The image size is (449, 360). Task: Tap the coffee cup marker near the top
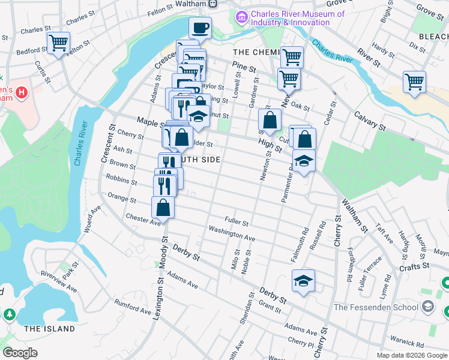200,27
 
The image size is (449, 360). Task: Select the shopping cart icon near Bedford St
58,43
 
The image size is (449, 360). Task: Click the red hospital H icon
21,93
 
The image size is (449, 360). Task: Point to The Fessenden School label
376,308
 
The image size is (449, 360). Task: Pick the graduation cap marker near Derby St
304,281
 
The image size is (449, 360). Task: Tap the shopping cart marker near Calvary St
415,82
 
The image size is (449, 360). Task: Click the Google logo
20,353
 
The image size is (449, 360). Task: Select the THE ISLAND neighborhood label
49,329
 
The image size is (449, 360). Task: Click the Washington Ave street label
232,234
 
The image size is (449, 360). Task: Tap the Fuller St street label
237,222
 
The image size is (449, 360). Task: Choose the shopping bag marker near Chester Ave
163,208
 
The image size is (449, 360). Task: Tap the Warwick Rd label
418,343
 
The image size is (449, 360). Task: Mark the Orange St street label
122,197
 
